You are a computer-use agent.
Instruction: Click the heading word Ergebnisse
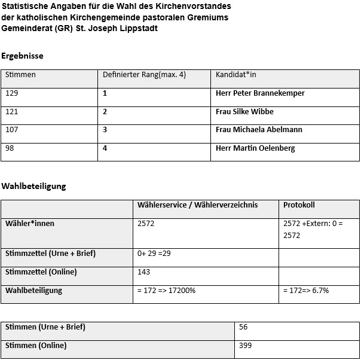(22, 56)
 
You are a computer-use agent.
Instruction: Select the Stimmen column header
(20, 75)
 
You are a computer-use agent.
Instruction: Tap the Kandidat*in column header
(235, 75)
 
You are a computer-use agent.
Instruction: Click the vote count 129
(12, 93)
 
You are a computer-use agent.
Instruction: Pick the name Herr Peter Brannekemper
(260, 93)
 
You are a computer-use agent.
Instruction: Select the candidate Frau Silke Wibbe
(244, 112)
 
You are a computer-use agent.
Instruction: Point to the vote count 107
(12, 130)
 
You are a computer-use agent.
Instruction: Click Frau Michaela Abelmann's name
(259, 130)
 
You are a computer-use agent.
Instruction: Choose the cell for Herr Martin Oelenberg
(255, 148)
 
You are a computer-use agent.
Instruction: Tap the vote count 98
(10, 148)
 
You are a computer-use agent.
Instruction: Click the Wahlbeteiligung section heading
(33, 186)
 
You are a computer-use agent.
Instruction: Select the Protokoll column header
(299, 205)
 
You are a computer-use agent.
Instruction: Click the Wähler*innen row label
(30, 224)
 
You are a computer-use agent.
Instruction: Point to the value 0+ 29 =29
(154, 254)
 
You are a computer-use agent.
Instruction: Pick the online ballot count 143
(144, 272)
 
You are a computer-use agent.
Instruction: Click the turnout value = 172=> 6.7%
(306, 291)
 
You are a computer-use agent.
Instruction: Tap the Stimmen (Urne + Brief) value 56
(243, 327)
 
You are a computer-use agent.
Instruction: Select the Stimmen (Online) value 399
(245, 346)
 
